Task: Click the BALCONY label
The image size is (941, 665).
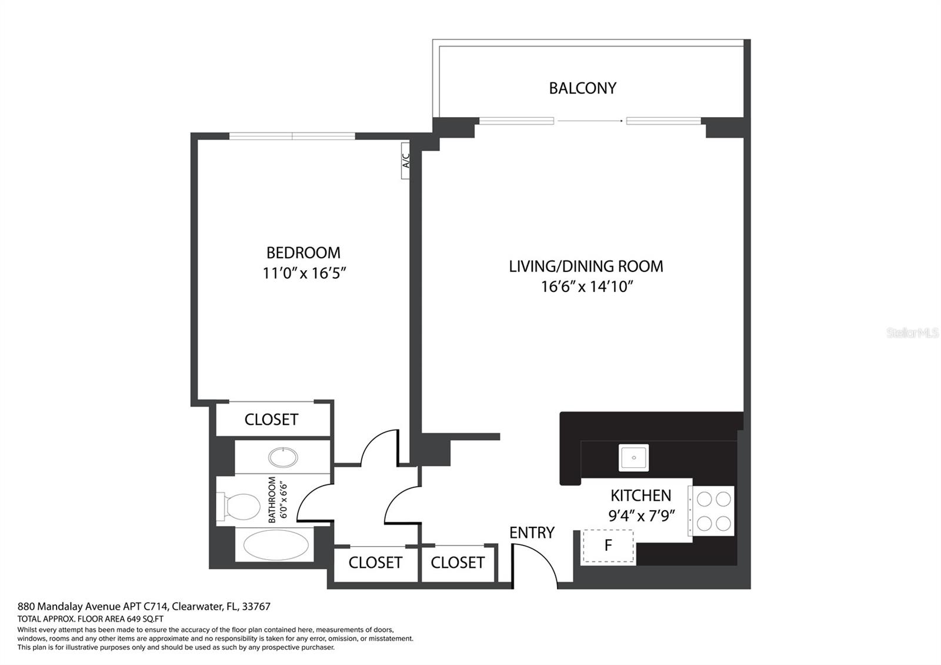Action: click(582, 88)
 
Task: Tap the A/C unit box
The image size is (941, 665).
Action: click(405, 160)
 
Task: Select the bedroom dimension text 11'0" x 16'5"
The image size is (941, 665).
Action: click(303, 274)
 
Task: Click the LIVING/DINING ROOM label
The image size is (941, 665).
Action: click(586, 267)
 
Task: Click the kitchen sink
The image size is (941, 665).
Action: click(633, 457)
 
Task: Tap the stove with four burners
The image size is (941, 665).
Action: click(713, 511)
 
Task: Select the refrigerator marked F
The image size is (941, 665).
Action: click(608, 546)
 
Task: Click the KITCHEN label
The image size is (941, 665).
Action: click(640, 496)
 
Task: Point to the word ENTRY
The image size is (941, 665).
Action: click(532, 533)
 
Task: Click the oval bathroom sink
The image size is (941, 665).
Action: click(283, 457)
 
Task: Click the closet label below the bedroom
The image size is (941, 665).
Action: click(271, 420)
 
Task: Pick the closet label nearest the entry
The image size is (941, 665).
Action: click(457, 563)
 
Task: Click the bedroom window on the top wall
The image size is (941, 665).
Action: click(292, 137)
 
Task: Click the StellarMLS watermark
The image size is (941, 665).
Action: click(912, 334)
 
